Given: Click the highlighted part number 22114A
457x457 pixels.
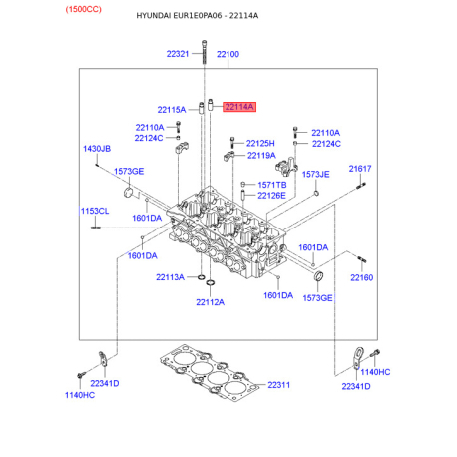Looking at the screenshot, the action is [239, 107].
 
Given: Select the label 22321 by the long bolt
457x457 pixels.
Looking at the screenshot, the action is [178, 54].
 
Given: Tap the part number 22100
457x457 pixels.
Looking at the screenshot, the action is [228, 54].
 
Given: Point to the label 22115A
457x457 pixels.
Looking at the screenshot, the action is [172, 110].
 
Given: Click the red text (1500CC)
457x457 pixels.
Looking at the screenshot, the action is [83, 9].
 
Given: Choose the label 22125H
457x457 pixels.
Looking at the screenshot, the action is [260, 144].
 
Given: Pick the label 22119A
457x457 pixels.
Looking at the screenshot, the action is [261, 156].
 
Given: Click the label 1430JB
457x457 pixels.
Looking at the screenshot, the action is [97, 149].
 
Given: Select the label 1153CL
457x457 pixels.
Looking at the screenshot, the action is [95, 211].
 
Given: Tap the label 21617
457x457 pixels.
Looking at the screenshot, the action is [360, 169].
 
